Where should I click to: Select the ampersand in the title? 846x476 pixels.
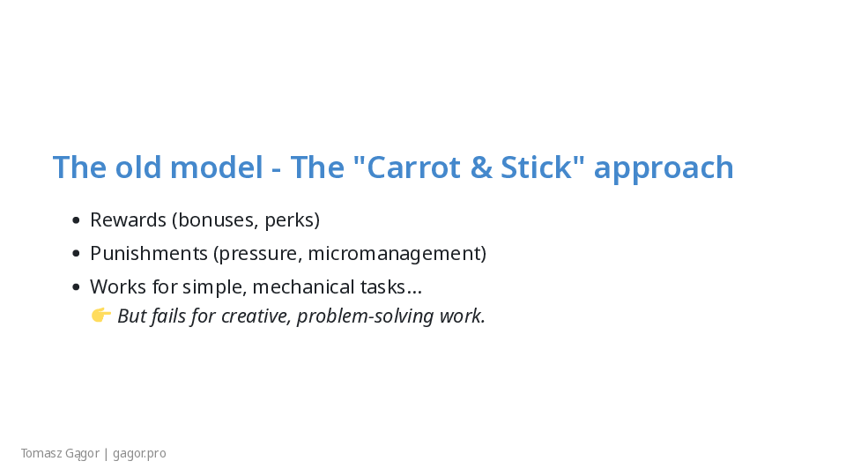[481, 167]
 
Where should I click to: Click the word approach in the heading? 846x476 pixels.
[664, 169]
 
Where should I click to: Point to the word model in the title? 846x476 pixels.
[217, 167]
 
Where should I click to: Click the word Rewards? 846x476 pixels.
[129, 220]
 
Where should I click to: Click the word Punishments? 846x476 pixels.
[149, 254]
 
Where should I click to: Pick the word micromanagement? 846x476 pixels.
[397, 254]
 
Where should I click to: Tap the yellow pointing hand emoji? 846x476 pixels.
[100, 316]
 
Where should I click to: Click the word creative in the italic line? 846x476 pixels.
[256, 316]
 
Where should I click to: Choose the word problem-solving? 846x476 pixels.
[365, 316]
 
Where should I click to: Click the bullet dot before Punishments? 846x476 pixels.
[76, 254]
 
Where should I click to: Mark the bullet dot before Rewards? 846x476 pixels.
[76, 220]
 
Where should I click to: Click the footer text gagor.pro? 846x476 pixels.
[140, 454]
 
